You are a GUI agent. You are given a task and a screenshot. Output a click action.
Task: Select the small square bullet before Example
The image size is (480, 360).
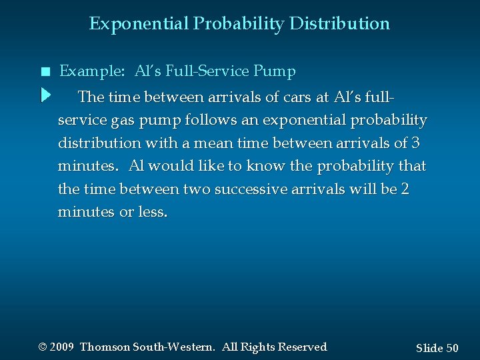[45, 72]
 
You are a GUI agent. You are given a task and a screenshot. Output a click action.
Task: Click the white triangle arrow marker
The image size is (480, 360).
[45, 95]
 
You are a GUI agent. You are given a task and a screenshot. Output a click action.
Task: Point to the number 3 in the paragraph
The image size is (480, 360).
[415, 143]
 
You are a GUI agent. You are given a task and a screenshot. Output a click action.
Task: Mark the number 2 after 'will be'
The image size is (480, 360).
[404, 189]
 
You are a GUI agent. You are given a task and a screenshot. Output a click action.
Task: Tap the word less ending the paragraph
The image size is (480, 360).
[153, 212]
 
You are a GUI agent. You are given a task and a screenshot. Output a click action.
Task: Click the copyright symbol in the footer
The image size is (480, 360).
[43, 347]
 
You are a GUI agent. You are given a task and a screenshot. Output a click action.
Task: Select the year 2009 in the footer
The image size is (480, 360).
[63, 347]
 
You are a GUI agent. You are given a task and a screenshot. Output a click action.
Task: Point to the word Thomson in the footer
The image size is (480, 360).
[105, 347]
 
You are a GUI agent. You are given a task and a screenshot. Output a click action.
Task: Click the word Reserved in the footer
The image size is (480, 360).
[302, 347]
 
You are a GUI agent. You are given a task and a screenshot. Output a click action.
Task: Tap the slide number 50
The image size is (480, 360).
[452, 348]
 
